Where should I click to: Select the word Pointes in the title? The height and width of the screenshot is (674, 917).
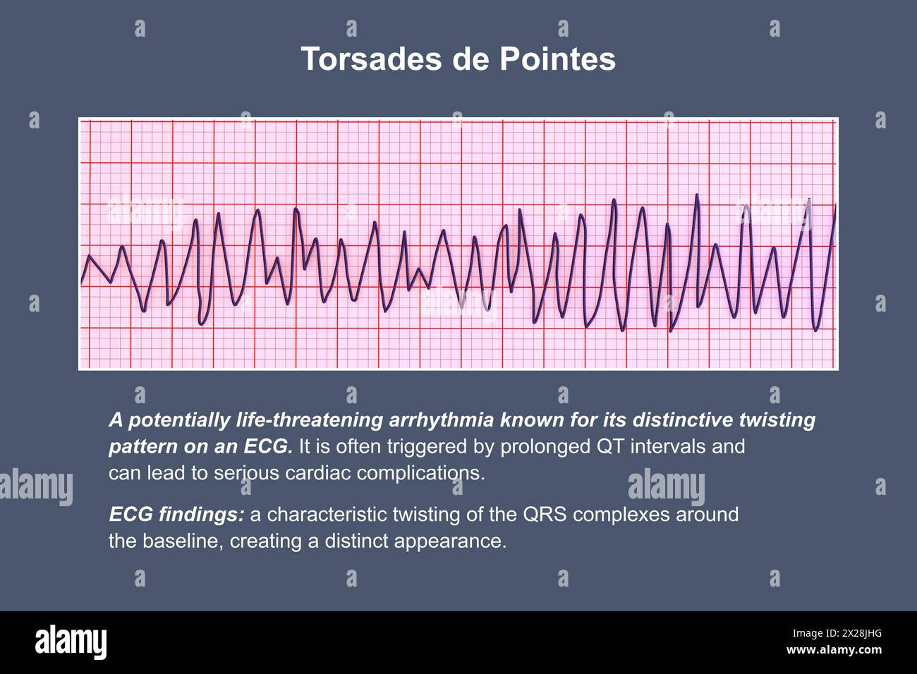(x=558, y=59)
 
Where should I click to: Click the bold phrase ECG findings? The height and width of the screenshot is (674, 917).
(x=176, y=515)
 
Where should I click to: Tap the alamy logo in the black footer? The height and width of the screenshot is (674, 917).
(x=71, y=642)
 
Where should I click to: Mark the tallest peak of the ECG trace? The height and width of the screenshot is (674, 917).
(x=697, y=195)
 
